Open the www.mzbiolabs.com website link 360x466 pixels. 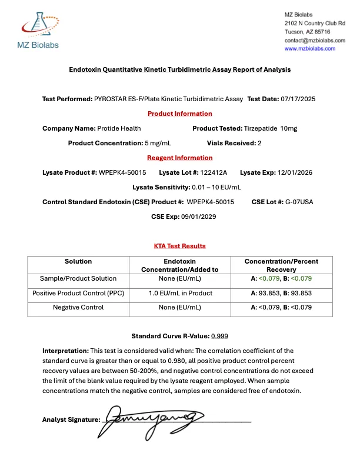point(310,49)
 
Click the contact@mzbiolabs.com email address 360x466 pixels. point(315,40)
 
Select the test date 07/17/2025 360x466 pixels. point(298,99)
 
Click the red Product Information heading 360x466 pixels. point(179,114)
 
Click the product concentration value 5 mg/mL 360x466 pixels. point(161,143)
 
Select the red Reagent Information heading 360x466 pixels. point(179,158)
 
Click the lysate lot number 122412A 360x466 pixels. point(213,172)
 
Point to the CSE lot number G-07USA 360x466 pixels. point(300,202)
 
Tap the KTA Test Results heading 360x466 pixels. point(179,246)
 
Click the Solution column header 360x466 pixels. point(78,261)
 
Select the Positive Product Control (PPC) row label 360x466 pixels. point(78,292)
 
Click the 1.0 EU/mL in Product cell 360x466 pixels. point(179,292)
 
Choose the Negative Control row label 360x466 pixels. point(78,307)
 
